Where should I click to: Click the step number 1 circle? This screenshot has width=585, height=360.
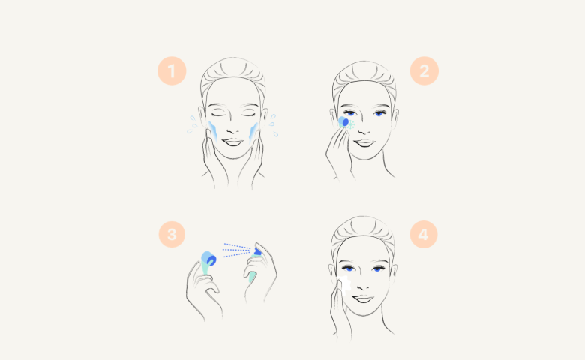pos(172,71)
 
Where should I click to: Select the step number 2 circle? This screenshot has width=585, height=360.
pos(424,71)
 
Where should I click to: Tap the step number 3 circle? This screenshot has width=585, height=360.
pos(172,234)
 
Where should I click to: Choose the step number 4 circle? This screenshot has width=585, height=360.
pos(424,234)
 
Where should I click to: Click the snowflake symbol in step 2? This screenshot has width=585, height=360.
pos(351,125)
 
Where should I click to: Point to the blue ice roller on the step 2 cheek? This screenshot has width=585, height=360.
pos(343,122)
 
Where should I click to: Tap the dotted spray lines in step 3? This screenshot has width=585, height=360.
pos(237,250)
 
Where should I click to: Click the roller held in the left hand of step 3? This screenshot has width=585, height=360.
pos(208,260)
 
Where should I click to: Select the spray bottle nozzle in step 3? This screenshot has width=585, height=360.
pos(257,252)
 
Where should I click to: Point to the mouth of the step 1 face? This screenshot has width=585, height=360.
pos(232,142)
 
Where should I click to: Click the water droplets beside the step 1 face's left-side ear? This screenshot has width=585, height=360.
pos(192,125)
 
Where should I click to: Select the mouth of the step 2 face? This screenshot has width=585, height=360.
pos(364,143)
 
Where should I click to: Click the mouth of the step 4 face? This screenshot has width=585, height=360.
pos(364,298)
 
